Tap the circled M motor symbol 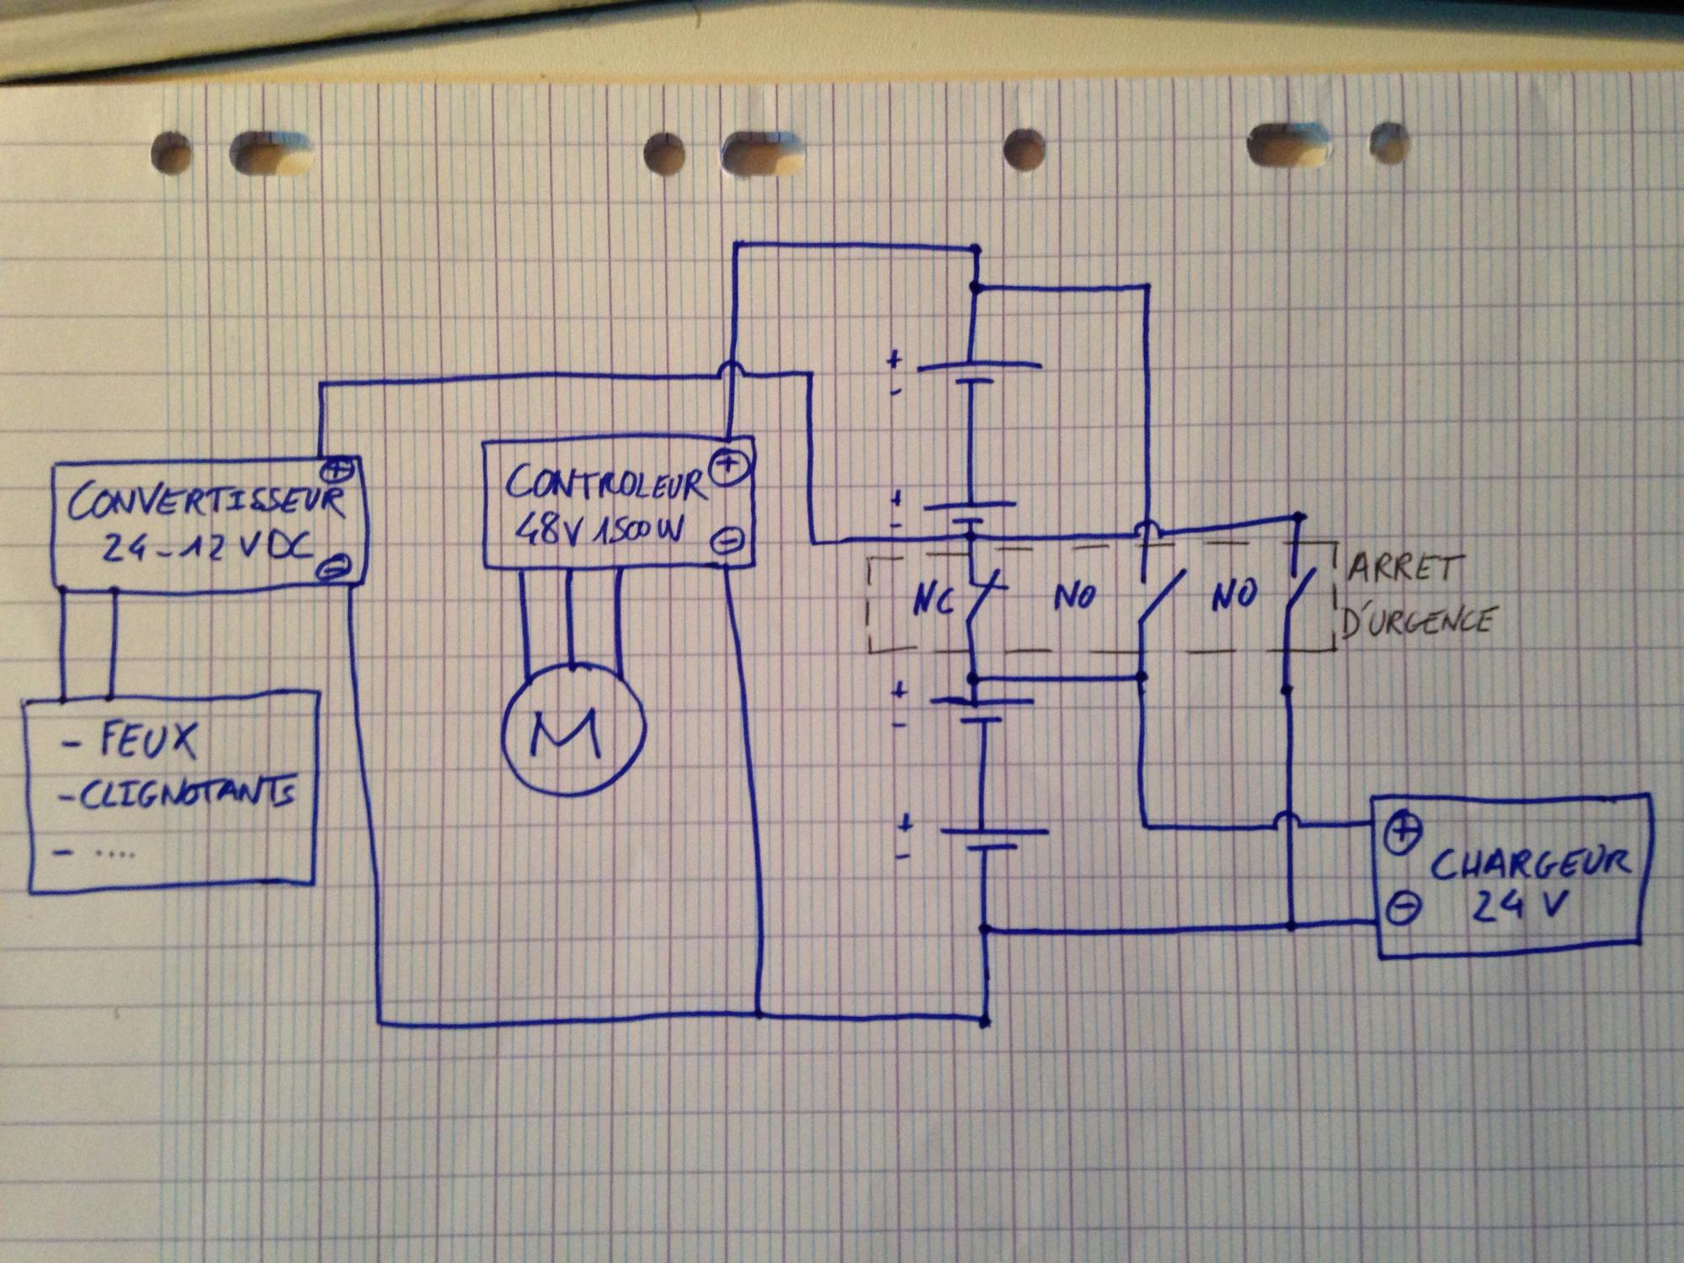click(x=573, y=732)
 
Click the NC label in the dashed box click(x=933, y=602)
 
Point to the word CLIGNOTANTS click(x=186, y=797)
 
